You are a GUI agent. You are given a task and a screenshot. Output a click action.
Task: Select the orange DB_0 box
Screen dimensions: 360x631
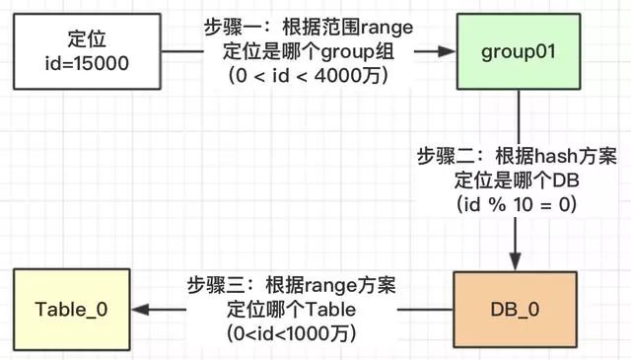[x=515, y=309]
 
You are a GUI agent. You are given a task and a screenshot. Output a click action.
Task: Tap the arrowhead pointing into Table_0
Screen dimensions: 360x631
[x=141, y=309]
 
